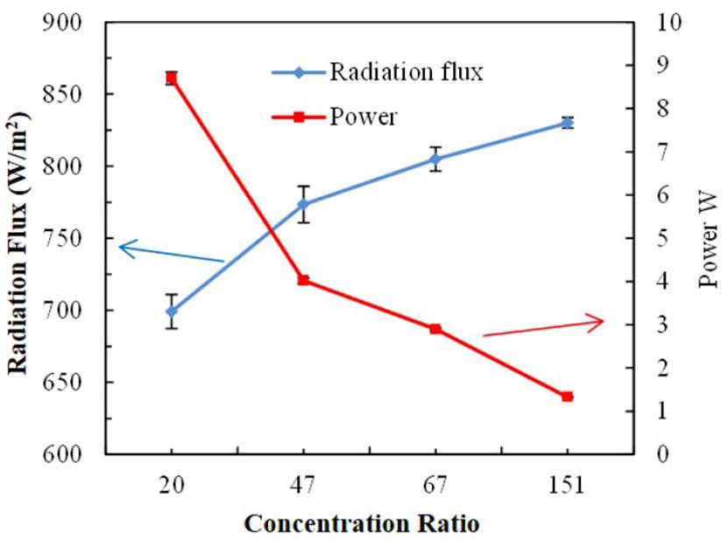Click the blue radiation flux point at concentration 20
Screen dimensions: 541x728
click(x=172, y=311)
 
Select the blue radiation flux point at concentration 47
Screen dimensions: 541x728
click(x=303, y=204)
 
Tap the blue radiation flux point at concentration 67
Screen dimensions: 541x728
click(x=435, y=159)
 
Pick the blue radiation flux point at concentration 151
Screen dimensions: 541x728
click(x=567, y=123)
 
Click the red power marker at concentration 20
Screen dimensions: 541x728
click(x=172, y=78)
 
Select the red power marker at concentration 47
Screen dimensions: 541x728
click(x=303, y=280)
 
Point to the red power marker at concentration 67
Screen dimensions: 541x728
click(x=435, y=329)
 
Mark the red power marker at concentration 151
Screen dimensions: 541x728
click(x=567, y=397)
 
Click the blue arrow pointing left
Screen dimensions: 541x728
click(x=171, y=254)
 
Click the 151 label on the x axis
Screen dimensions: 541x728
click(x=567, y=487)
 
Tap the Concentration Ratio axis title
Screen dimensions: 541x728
click(x=362, y=524)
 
